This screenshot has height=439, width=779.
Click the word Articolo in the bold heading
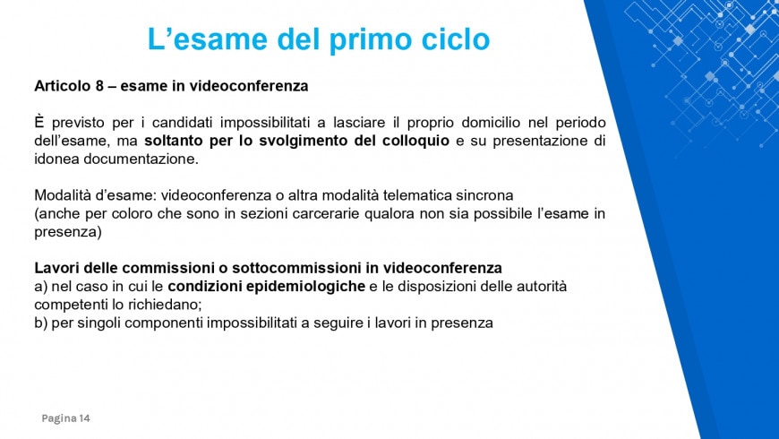(x=63, y=87)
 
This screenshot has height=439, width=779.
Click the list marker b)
(x=40, y=323)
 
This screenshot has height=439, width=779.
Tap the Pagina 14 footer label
(x=65, y=418)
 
